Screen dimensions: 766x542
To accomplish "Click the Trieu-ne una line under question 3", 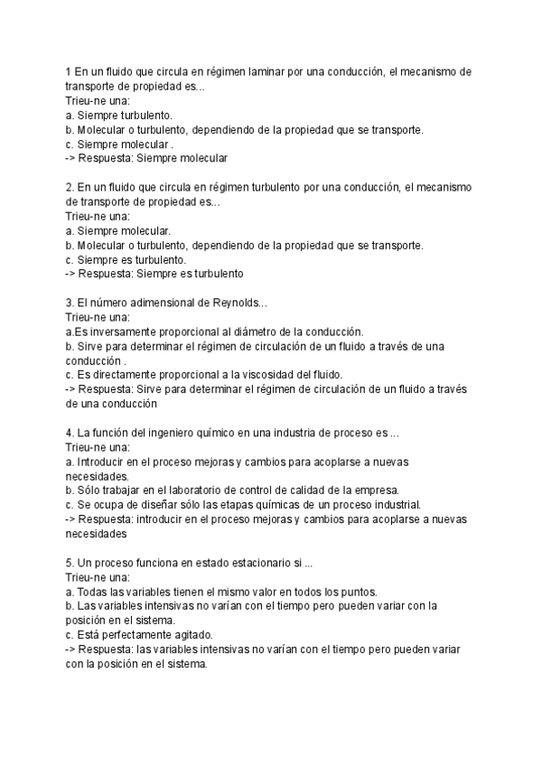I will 98,318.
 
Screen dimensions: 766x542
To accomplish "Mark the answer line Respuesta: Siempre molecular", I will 146,158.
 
